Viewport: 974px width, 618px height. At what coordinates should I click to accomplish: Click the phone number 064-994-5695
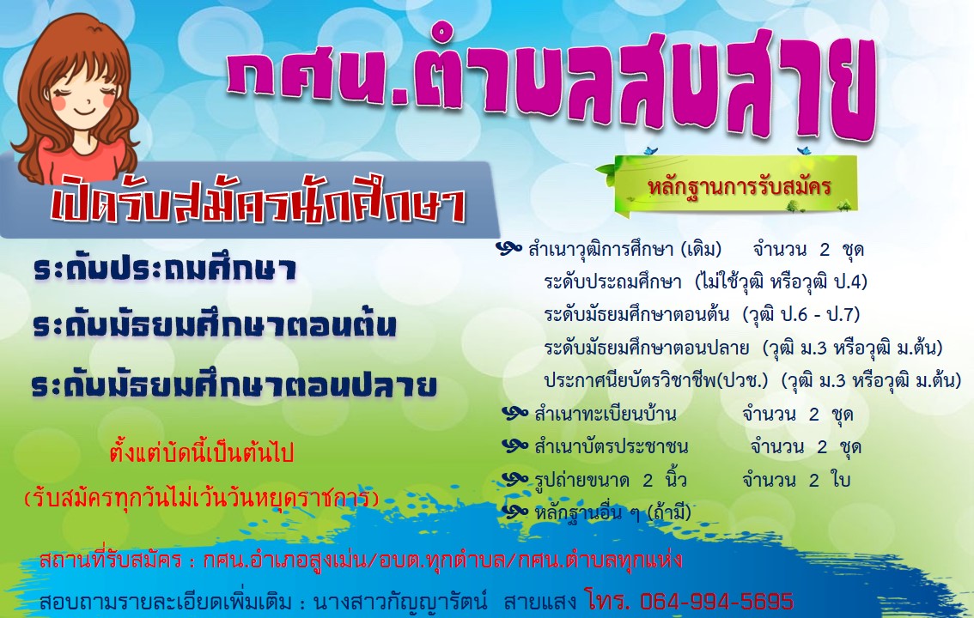coord(717,601)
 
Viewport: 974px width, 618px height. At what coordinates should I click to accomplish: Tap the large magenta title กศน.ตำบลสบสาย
coord(551,85)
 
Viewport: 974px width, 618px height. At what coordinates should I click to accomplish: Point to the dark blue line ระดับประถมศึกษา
coord(165,270)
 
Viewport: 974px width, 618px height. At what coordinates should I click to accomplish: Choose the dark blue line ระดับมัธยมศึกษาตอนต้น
coord(215,325)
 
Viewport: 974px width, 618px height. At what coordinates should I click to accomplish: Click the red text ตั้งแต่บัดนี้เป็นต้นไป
coord(201,452)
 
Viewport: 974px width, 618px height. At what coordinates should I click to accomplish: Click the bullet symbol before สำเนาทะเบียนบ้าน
coord(515,413)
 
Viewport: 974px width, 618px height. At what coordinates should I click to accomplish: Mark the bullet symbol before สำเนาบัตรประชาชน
coord(515,445)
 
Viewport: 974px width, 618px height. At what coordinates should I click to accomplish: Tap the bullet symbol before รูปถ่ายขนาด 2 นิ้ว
coord(515,478)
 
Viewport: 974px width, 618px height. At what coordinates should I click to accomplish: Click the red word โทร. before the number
coord(607,601)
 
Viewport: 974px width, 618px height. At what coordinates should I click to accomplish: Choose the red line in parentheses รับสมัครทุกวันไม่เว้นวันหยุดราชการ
coord(201,498)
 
